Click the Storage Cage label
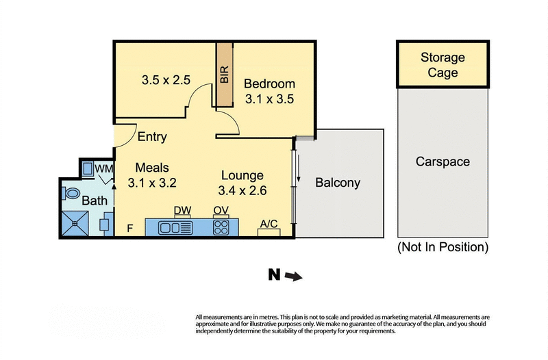tap(442, 65)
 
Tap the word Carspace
tap(443, 162)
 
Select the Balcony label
tap(338, 183)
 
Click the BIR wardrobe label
tap(224, 75)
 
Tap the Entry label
tap(152, 137)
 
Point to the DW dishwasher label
tap(182, 211)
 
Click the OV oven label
tap(221, 211)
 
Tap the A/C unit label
tap(269, 223)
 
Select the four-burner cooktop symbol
tap(221, 227)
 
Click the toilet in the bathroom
tap(72, 192)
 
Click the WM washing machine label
tap(103, 168)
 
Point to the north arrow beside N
tap(292, 276)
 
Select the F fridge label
tap(130, 229)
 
